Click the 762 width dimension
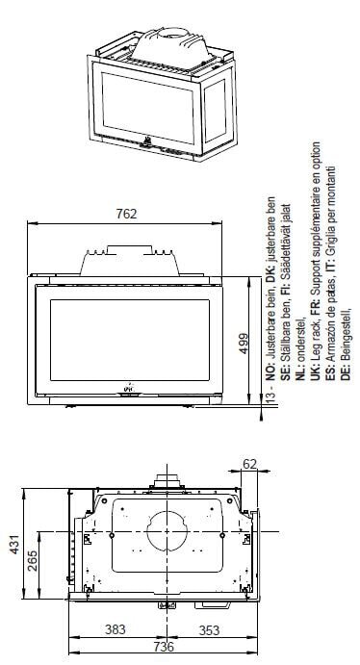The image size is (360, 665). point(125,213)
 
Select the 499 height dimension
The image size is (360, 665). point(244,341)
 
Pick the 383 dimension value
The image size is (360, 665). point(114,630)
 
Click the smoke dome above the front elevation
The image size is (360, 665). point(129,257)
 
